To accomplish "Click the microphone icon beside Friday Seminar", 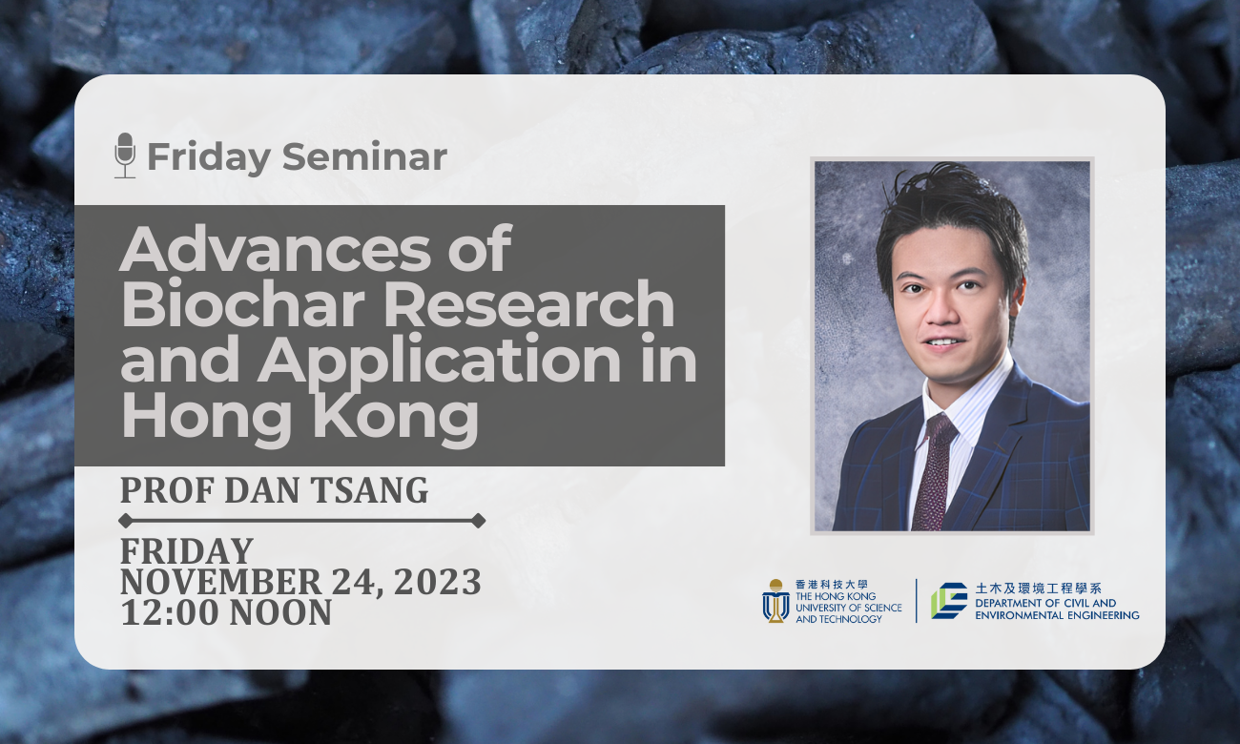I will [x=125, y=155].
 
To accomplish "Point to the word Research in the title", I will [x=529, y=304].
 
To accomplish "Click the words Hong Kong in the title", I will [x=300, y=416].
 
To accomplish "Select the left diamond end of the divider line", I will [x=125, y=521].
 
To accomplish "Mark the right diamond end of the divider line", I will [x=478, y=521].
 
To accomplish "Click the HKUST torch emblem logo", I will [x=775, y=601].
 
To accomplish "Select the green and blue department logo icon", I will [x=948, y=601].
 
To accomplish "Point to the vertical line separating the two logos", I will [x=917, y=601].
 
